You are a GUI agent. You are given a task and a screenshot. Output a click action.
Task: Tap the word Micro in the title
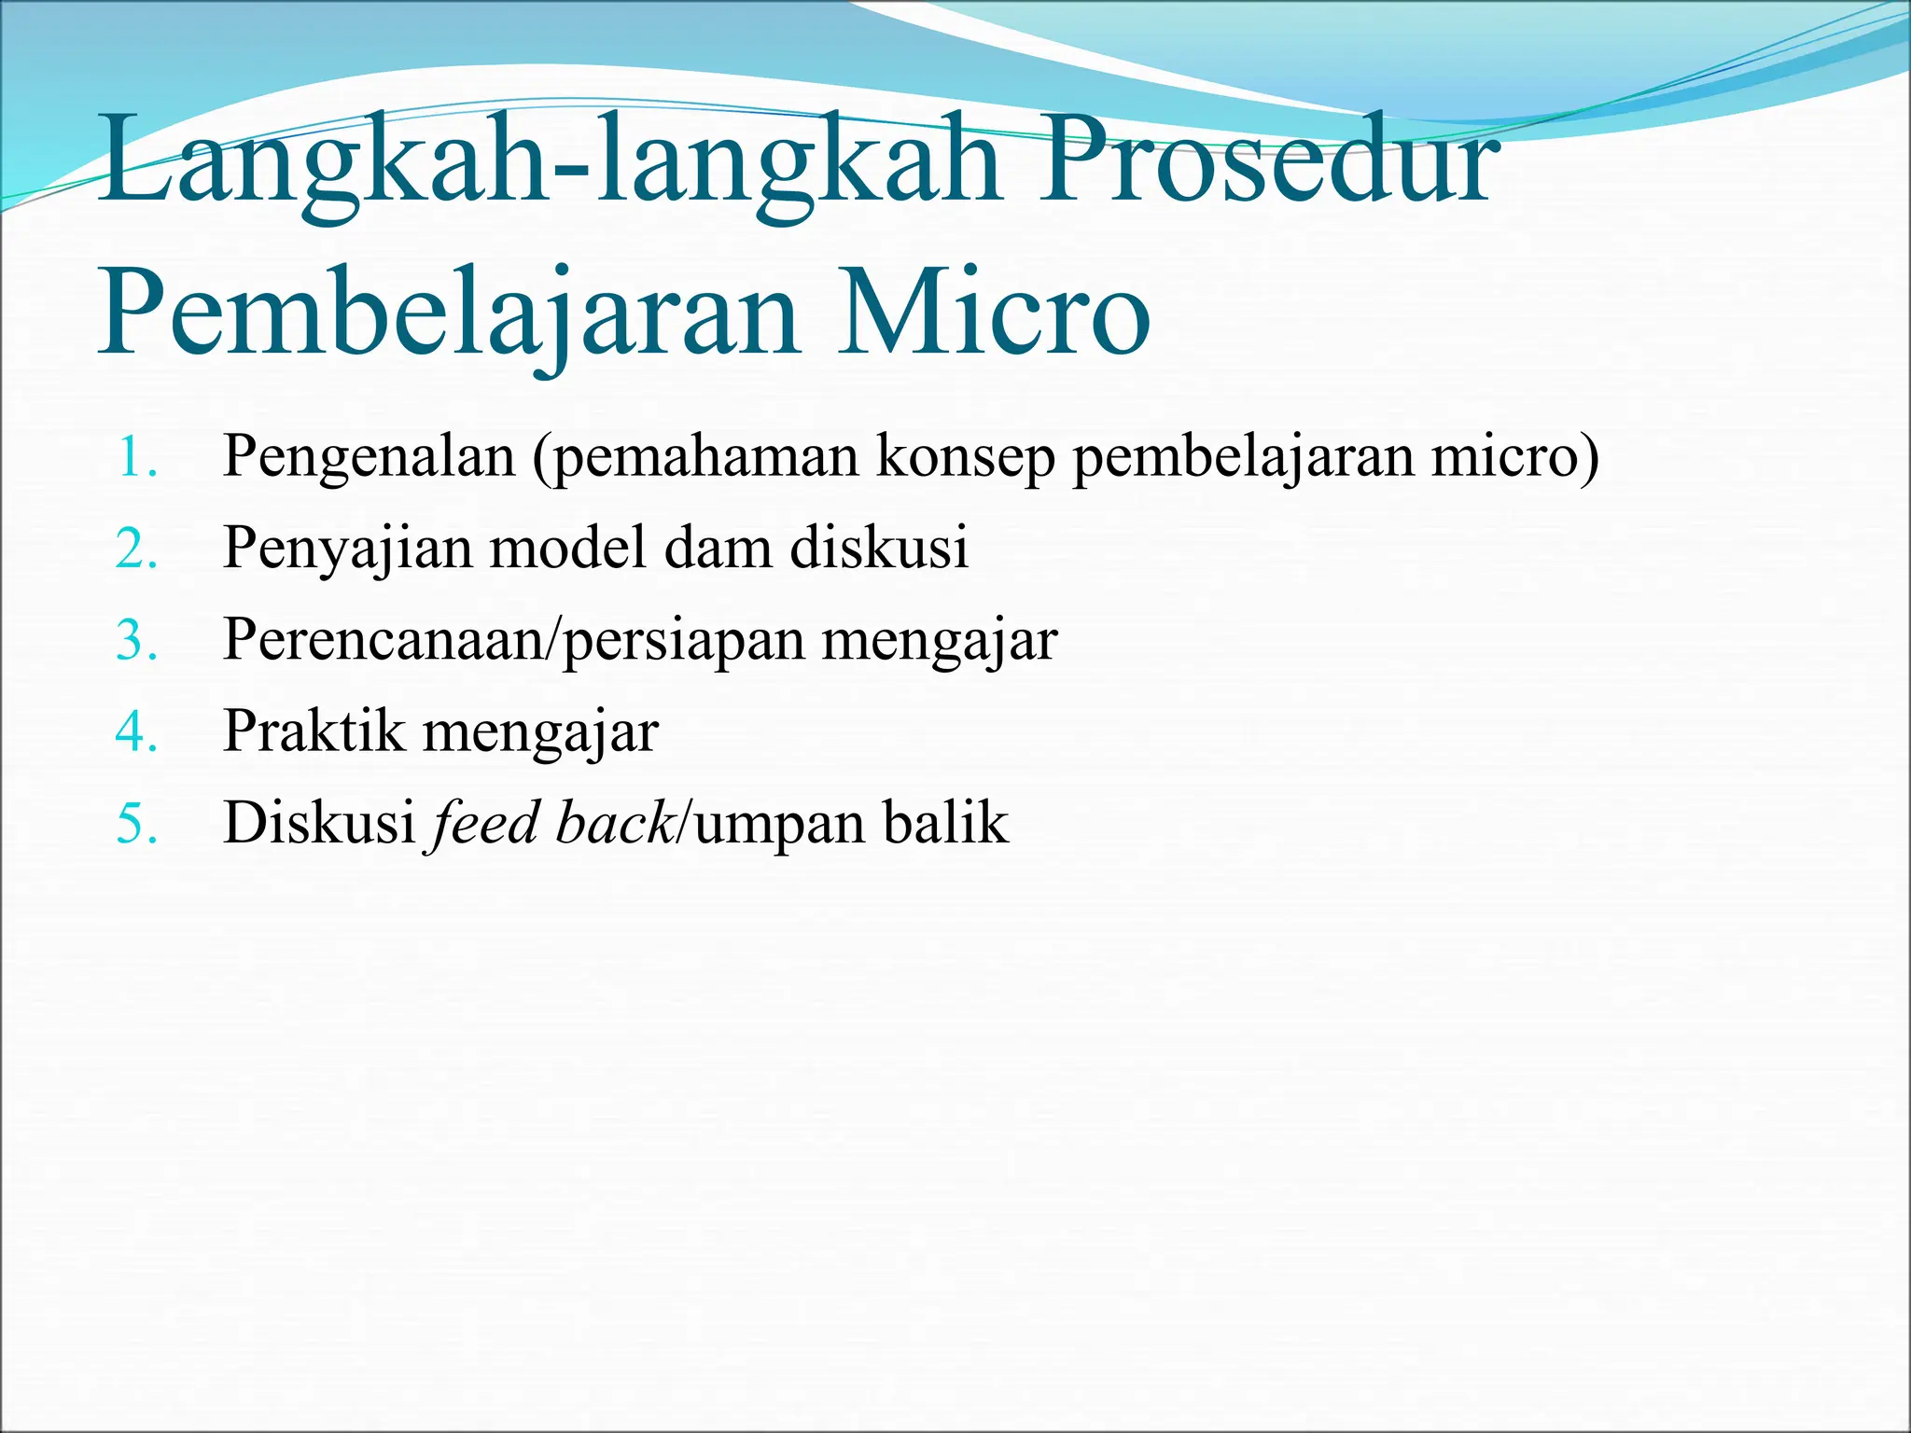[993, 313]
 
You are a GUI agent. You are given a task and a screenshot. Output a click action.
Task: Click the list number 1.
[136, 458]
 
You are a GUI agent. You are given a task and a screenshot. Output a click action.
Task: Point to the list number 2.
[136, 550]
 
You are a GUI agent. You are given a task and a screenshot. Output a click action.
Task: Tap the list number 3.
[136, 641]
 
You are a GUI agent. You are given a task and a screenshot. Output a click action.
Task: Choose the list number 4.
[136, 732]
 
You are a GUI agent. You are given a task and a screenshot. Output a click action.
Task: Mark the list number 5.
[136, 824]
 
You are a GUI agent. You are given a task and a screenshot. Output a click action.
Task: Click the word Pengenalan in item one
[370, 458]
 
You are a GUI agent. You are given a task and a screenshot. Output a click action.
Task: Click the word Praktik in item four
[314, 730]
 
